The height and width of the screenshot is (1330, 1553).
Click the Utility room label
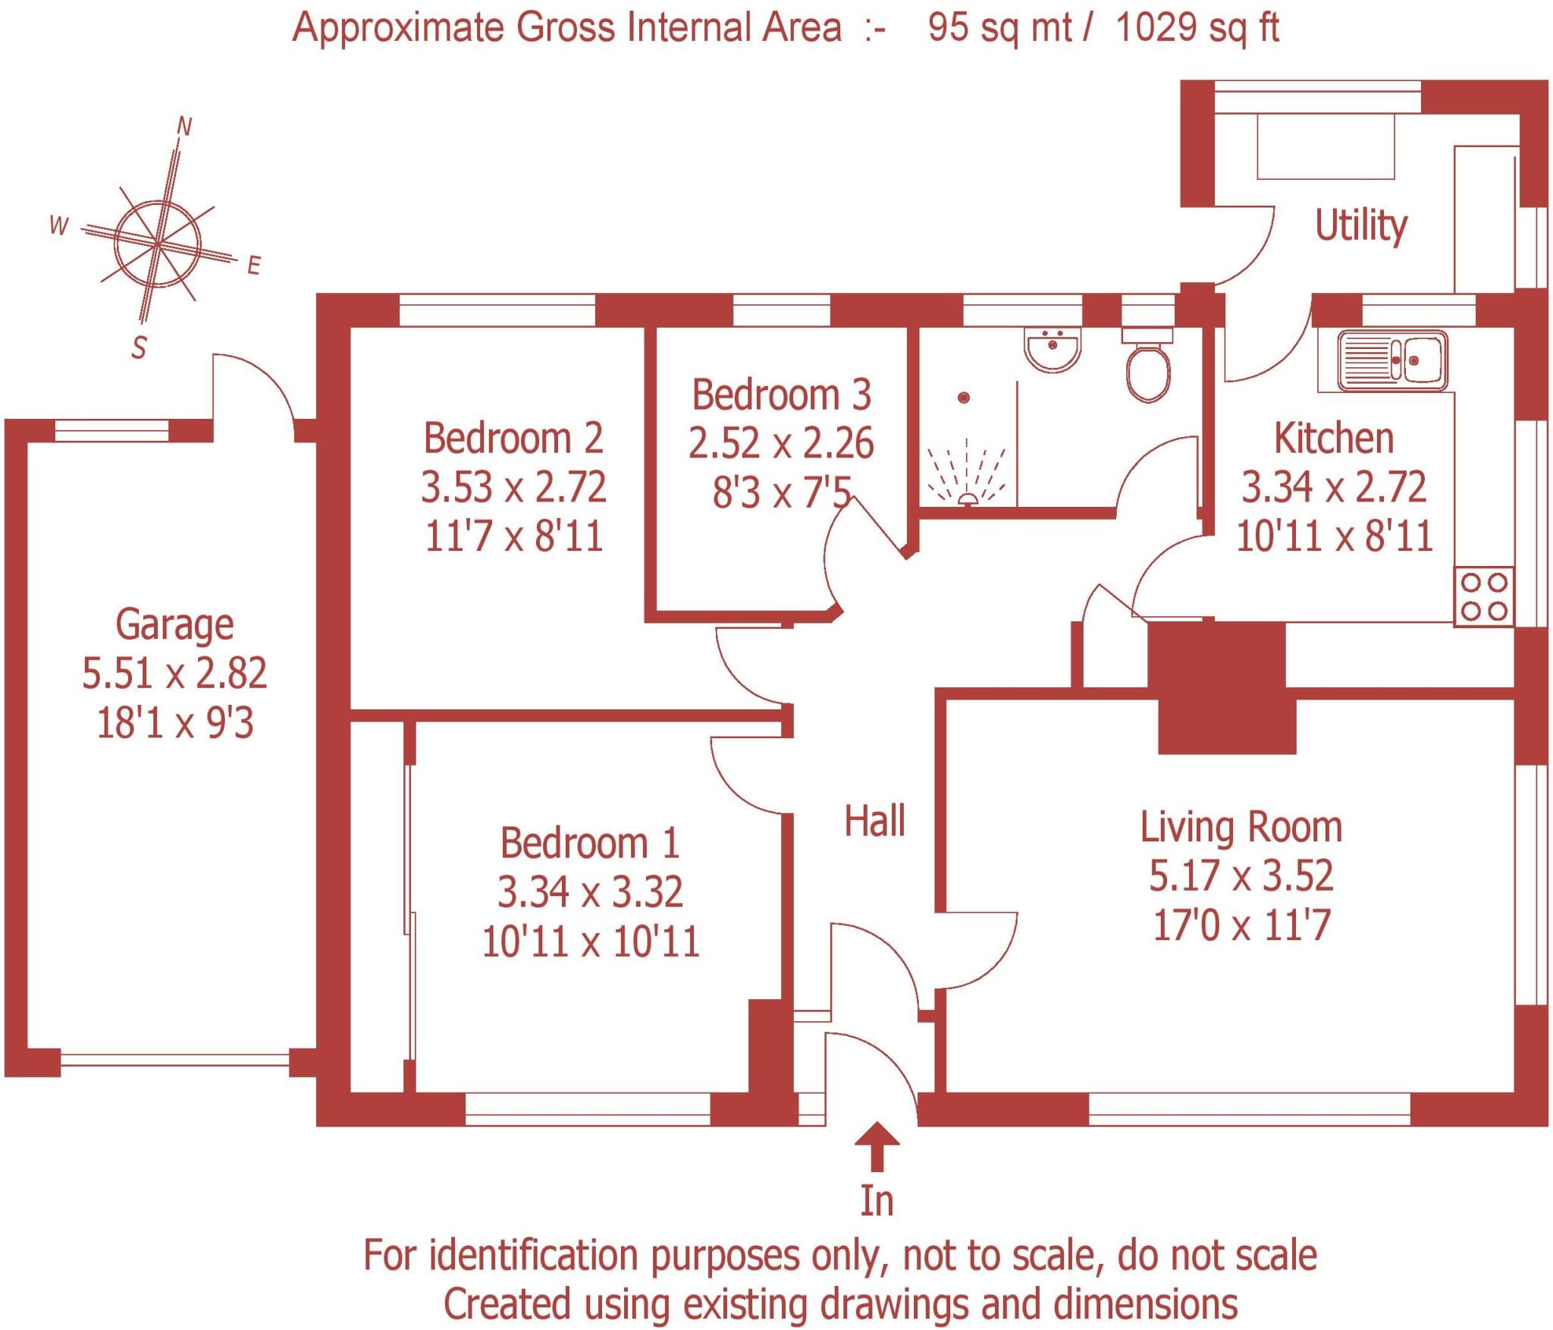coord(1360,226)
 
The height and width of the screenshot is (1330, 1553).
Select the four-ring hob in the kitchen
coord(1483,596)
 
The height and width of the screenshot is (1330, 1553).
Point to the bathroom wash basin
coord(1053,350)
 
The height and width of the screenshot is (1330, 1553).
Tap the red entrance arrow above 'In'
coord(877,1146)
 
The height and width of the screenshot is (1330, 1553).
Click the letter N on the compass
coord(184,127)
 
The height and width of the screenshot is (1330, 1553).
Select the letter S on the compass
coord(139,348)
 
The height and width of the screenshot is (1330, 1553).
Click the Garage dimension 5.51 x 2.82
coord(174,673)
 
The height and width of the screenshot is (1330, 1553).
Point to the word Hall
coord(874,821)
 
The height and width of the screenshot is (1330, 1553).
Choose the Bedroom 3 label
coord(781,395)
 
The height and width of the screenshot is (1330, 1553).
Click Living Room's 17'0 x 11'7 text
coord(1241,925)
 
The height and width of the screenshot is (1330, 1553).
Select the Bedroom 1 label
coord(589,843)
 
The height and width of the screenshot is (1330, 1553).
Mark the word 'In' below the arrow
coord(877,1200)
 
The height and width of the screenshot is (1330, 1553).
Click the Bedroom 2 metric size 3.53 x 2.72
coord(513,486)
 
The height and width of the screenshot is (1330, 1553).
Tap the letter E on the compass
coord(254,265)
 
